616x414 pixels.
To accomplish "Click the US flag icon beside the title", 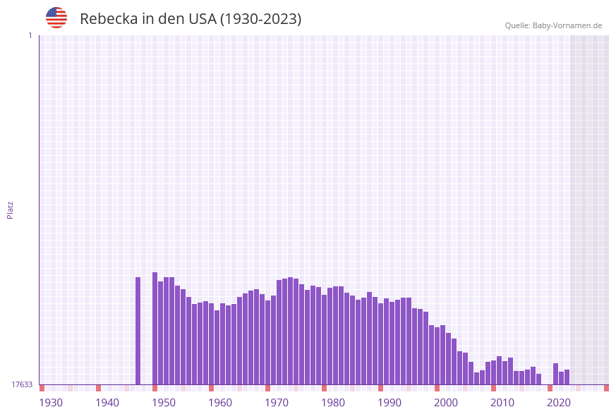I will coord(56,18).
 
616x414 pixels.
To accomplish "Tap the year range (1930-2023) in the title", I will coord(260,19).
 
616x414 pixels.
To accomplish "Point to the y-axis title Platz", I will coord(11,210).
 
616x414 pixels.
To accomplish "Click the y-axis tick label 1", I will coord(30,35).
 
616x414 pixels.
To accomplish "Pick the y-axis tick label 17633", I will coord(22,384).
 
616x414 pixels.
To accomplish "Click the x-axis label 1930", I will coord(51,403).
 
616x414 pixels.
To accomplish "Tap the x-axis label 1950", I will coord(164,403).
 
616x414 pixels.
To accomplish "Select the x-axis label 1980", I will coord(333,403).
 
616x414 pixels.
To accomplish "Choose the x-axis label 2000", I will coord(446,403).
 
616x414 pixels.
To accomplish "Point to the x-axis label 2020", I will coord(559,403).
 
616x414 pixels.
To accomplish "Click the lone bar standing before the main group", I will coord(138,330).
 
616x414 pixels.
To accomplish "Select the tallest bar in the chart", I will coord(155,328).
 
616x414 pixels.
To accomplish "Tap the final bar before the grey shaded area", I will coord(567,377).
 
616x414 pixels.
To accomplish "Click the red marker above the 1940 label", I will coord(99,388).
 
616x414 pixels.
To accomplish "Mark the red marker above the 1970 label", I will coord(268,388).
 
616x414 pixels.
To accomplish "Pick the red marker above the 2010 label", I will coord(494,388).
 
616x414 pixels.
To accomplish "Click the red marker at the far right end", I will coord(606,388).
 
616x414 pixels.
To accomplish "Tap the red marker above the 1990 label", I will coord(381,388).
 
